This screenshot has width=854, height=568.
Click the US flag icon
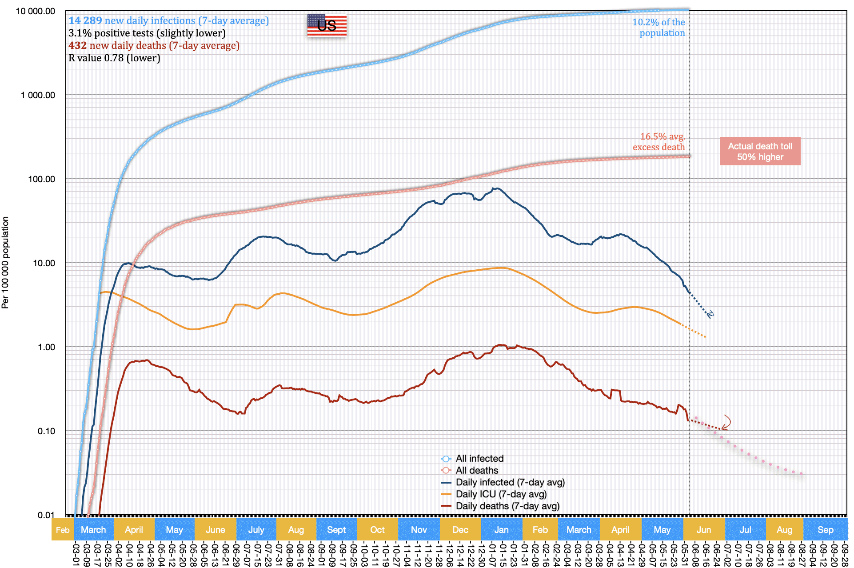pyautogui.click(x=327, y=25)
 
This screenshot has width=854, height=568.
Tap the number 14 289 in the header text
pyautogui.click(x=85, y=20)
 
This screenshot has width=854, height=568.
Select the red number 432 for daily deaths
pyautogui.click(x=77, y=45)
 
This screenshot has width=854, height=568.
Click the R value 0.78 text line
pyautogui.click(x=114, y=58)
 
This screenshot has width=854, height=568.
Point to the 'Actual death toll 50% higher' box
pyautogui.click(x=760, y=151)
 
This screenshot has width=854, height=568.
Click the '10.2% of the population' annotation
pyautogui.click(x=658, y=27)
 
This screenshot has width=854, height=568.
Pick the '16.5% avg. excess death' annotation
pyautogui.click(x=659, y=142)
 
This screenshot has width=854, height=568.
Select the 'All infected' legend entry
pyautogui.click(x=479, y=458)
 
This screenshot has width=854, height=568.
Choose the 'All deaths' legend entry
pyautogui.click(x=477, y=470)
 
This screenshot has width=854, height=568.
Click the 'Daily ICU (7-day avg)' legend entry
pyautogui.click(x=501, y=494)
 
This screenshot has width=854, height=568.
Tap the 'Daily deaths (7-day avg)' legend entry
pyautogui.click(x=507, y=506)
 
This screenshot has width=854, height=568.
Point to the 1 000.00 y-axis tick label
pyautogui.click(x=38, y=95)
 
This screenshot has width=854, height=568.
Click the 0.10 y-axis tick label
pyautogui.click(x=46, y=431)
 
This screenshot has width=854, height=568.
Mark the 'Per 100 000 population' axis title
pyautogui.click(x=5, y=262)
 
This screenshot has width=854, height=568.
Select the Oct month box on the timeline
pyautogui.click(x=377, y=530)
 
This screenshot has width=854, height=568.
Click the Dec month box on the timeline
pyautogui.click(x=460, y=530)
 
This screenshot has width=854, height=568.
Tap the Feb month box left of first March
pyautogui.click(x=63, y=530)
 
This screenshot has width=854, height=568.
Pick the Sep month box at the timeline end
pyautogui.click(x=825, y=530)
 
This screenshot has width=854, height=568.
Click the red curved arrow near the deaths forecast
pyautogui.click(x=726, y=423)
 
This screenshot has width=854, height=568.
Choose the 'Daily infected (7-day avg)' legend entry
pyautogui.click(x=510, y=482)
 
